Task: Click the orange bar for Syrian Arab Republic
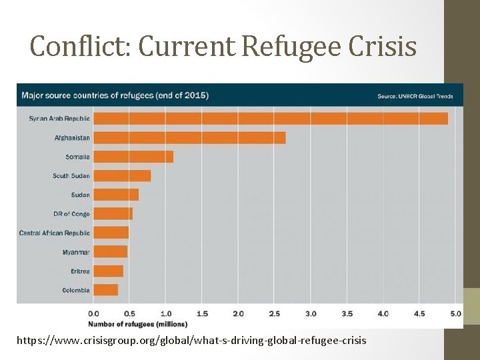(270, 118)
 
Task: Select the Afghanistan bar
(189, 137)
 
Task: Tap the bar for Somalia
(133, 157)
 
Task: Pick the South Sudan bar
(122, 176)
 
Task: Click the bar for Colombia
(105, 290)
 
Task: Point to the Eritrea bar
(108, 271)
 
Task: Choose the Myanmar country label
(76, 252)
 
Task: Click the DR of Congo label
(71, 214)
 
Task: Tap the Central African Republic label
(54, 233)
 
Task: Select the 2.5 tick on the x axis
(274, 313)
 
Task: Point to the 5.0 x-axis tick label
(455, 313)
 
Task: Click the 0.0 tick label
(93, 313)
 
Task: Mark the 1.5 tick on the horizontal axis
(201, 313)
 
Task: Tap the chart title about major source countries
(115, 95)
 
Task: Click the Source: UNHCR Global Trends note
(415, 96)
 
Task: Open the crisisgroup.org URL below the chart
(191, 341)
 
